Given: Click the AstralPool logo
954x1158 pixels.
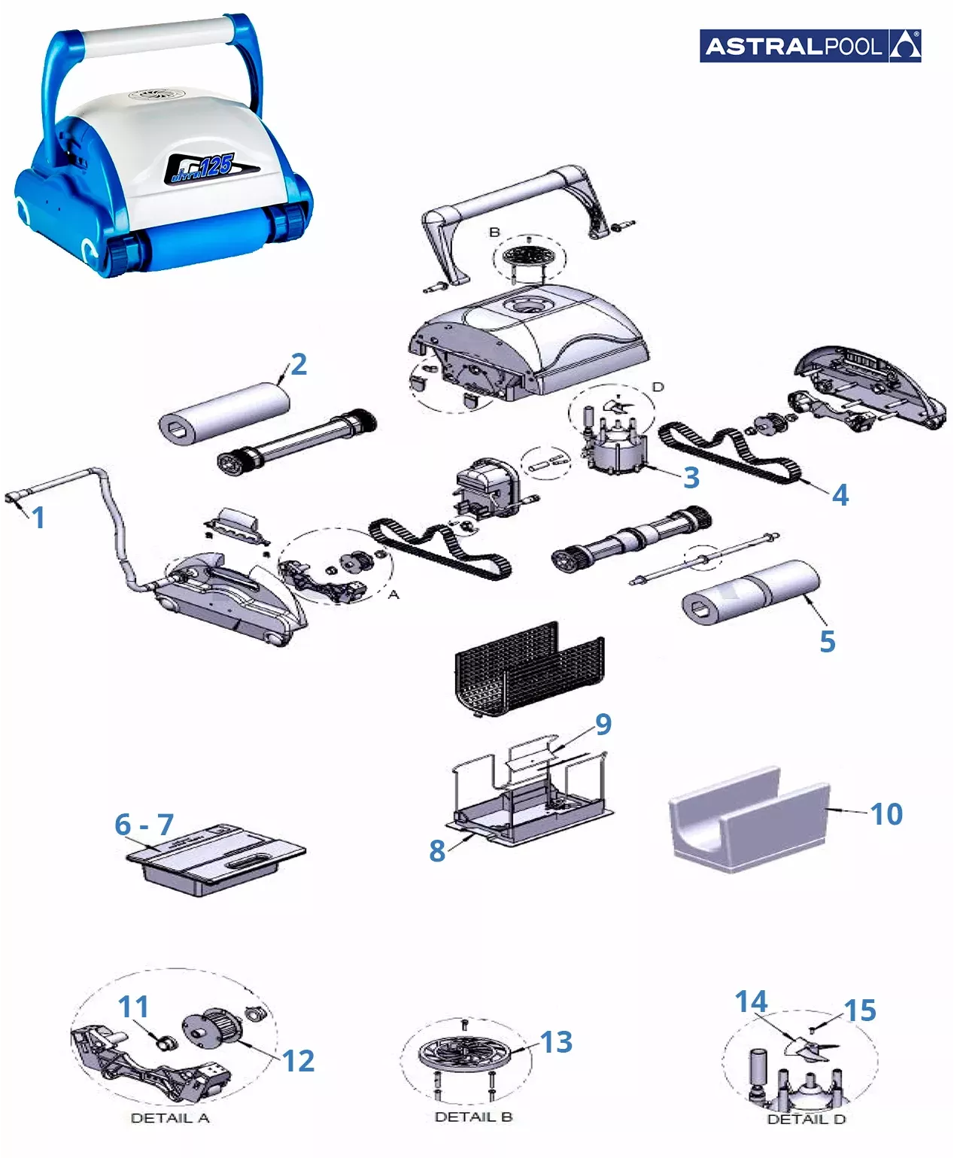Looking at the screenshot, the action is point(810,45).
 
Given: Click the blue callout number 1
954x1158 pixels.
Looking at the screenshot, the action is point(38,518).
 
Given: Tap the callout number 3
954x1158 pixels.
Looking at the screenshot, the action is point(691,477).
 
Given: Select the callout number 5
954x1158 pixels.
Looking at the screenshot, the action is point(828,641).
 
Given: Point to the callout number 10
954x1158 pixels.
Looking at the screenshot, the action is point(887,814).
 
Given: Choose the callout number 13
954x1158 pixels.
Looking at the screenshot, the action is point(556,1042).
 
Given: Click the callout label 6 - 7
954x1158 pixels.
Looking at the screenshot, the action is point(144,824).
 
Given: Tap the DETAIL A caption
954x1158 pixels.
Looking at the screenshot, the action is point(170,1117).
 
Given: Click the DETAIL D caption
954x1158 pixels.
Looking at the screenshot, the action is point(807,1119).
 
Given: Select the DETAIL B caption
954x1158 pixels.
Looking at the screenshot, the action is point(474,1117).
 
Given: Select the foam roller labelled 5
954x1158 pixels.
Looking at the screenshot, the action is point(750,592).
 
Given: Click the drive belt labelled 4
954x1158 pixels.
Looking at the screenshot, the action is point(730,451).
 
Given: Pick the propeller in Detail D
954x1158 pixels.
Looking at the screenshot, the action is point(811,1047).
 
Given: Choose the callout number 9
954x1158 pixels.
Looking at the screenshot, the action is point(603,725).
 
